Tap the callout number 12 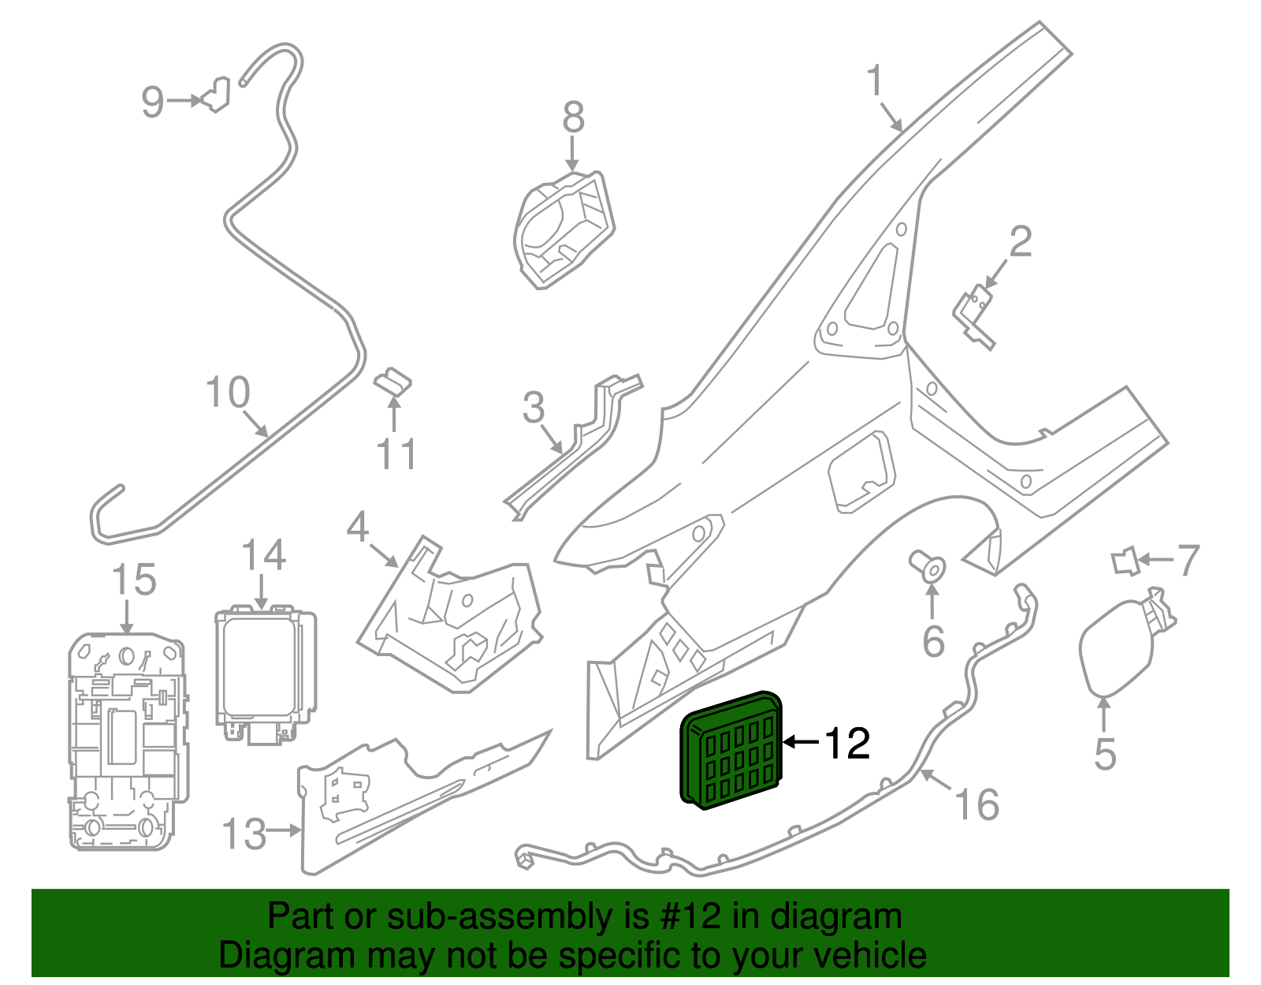tap(847, 743)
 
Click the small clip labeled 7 tap(1126, 562)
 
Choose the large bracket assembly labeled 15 tap(128, 741)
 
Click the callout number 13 tap(244, 834)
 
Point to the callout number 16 tap(976, 804)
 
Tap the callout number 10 tap(228, 392)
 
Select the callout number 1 tap(875, 81)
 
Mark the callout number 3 tap(534, 408)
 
